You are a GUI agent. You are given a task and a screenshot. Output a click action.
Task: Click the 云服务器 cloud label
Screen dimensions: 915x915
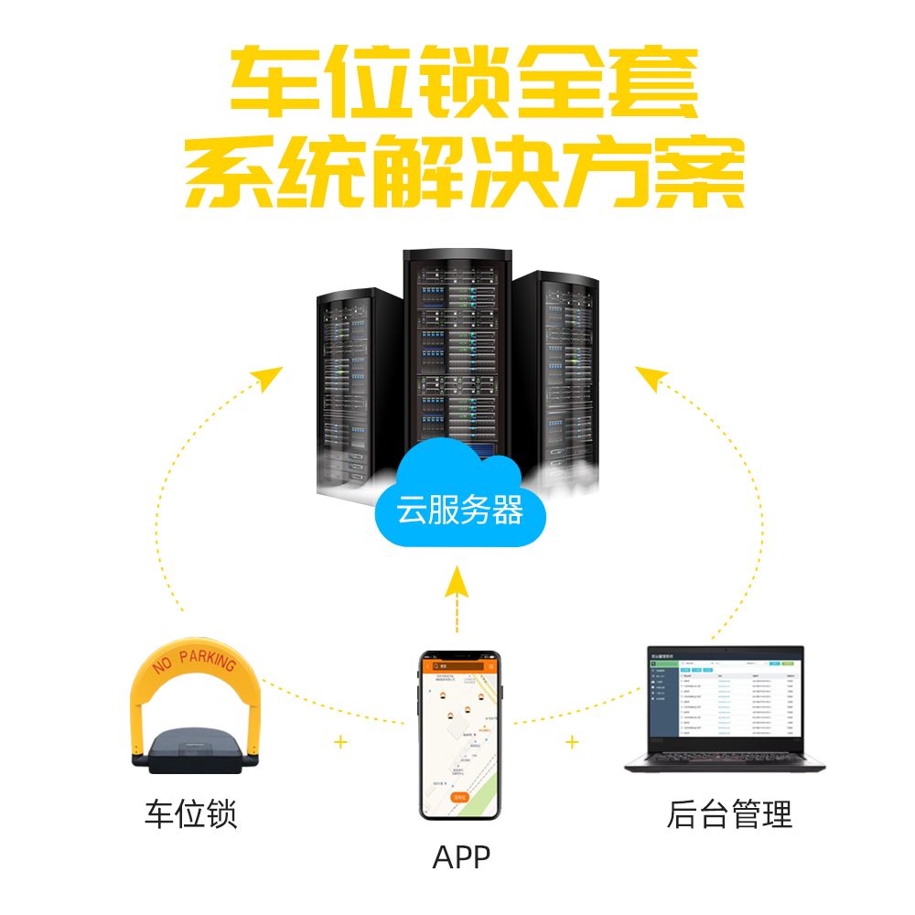click(459, 510)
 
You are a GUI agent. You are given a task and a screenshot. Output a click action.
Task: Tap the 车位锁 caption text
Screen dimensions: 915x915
click(190, 813)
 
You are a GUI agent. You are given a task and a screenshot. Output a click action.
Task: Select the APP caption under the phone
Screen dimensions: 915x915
click(461, 857)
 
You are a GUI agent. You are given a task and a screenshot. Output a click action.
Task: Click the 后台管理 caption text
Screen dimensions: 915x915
click(728, 813)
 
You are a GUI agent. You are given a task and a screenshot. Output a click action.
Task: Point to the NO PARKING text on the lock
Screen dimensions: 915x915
click(195, 659)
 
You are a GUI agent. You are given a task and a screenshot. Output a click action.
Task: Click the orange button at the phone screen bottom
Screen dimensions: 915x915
click(459, 797)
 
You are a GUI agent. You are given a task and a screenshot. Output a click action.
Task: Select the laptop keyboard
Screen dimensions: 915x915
click(723, 757)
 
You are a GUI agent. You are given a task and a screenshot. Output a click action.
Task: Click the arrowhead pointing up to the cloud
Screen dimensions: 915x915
click(457, 578)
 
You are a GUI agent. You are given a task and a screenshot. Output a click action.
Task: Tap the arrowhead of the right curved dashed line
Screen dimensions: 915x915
click(650, 376)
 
